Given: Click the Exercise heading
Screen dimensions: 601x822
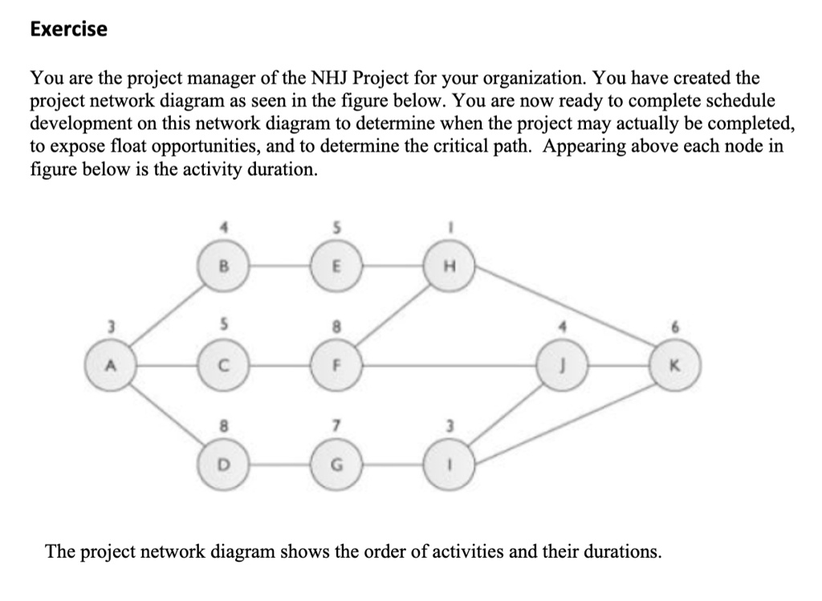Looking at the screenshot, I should [68, 30].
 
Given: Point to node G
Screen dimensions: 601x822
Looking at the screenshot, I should [338, 463].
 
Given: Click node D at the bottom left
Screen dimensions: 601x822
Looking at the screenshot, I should [226, 463].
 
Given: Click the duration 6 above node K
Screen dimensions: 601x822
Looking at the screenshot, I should [675, 327].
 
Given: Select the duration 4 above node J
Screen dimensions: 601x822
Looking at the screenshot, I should [563, 327].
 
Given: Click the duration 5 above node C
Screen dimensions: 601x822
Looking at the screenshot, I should [226, 327].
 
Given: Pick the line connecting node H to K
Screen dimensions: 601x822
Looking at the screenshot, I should [562, 313].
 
